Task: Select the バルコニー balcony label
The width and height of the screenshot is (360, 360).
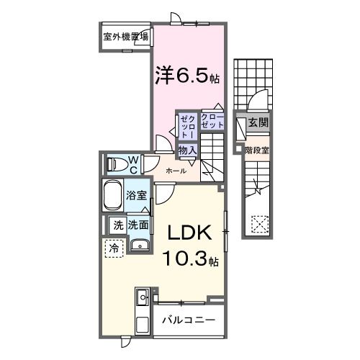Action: point(188,320)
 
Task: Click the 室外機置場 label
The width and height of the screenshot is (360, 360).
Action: point(125,37)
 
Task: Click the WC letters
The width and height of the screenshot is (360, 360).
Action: point(133,164)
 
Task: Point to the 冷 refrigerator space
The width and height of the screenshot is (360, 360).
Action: point(114,248)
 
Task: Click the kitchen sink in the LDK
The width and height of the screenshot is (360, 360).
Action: point(141,297)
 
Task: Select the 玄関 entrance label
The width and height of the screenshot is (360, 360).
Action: point(258,124)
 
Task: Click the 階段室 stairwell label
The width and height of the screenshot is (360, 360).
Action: point(256,150)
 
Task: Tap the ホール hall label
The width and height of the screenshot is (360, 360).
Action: point(176,171)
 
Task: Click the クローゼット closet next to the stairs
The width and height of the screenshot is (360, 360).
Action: point(212,122)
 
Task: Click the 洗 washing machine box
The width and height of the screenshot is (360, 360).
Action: point(117,225)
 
